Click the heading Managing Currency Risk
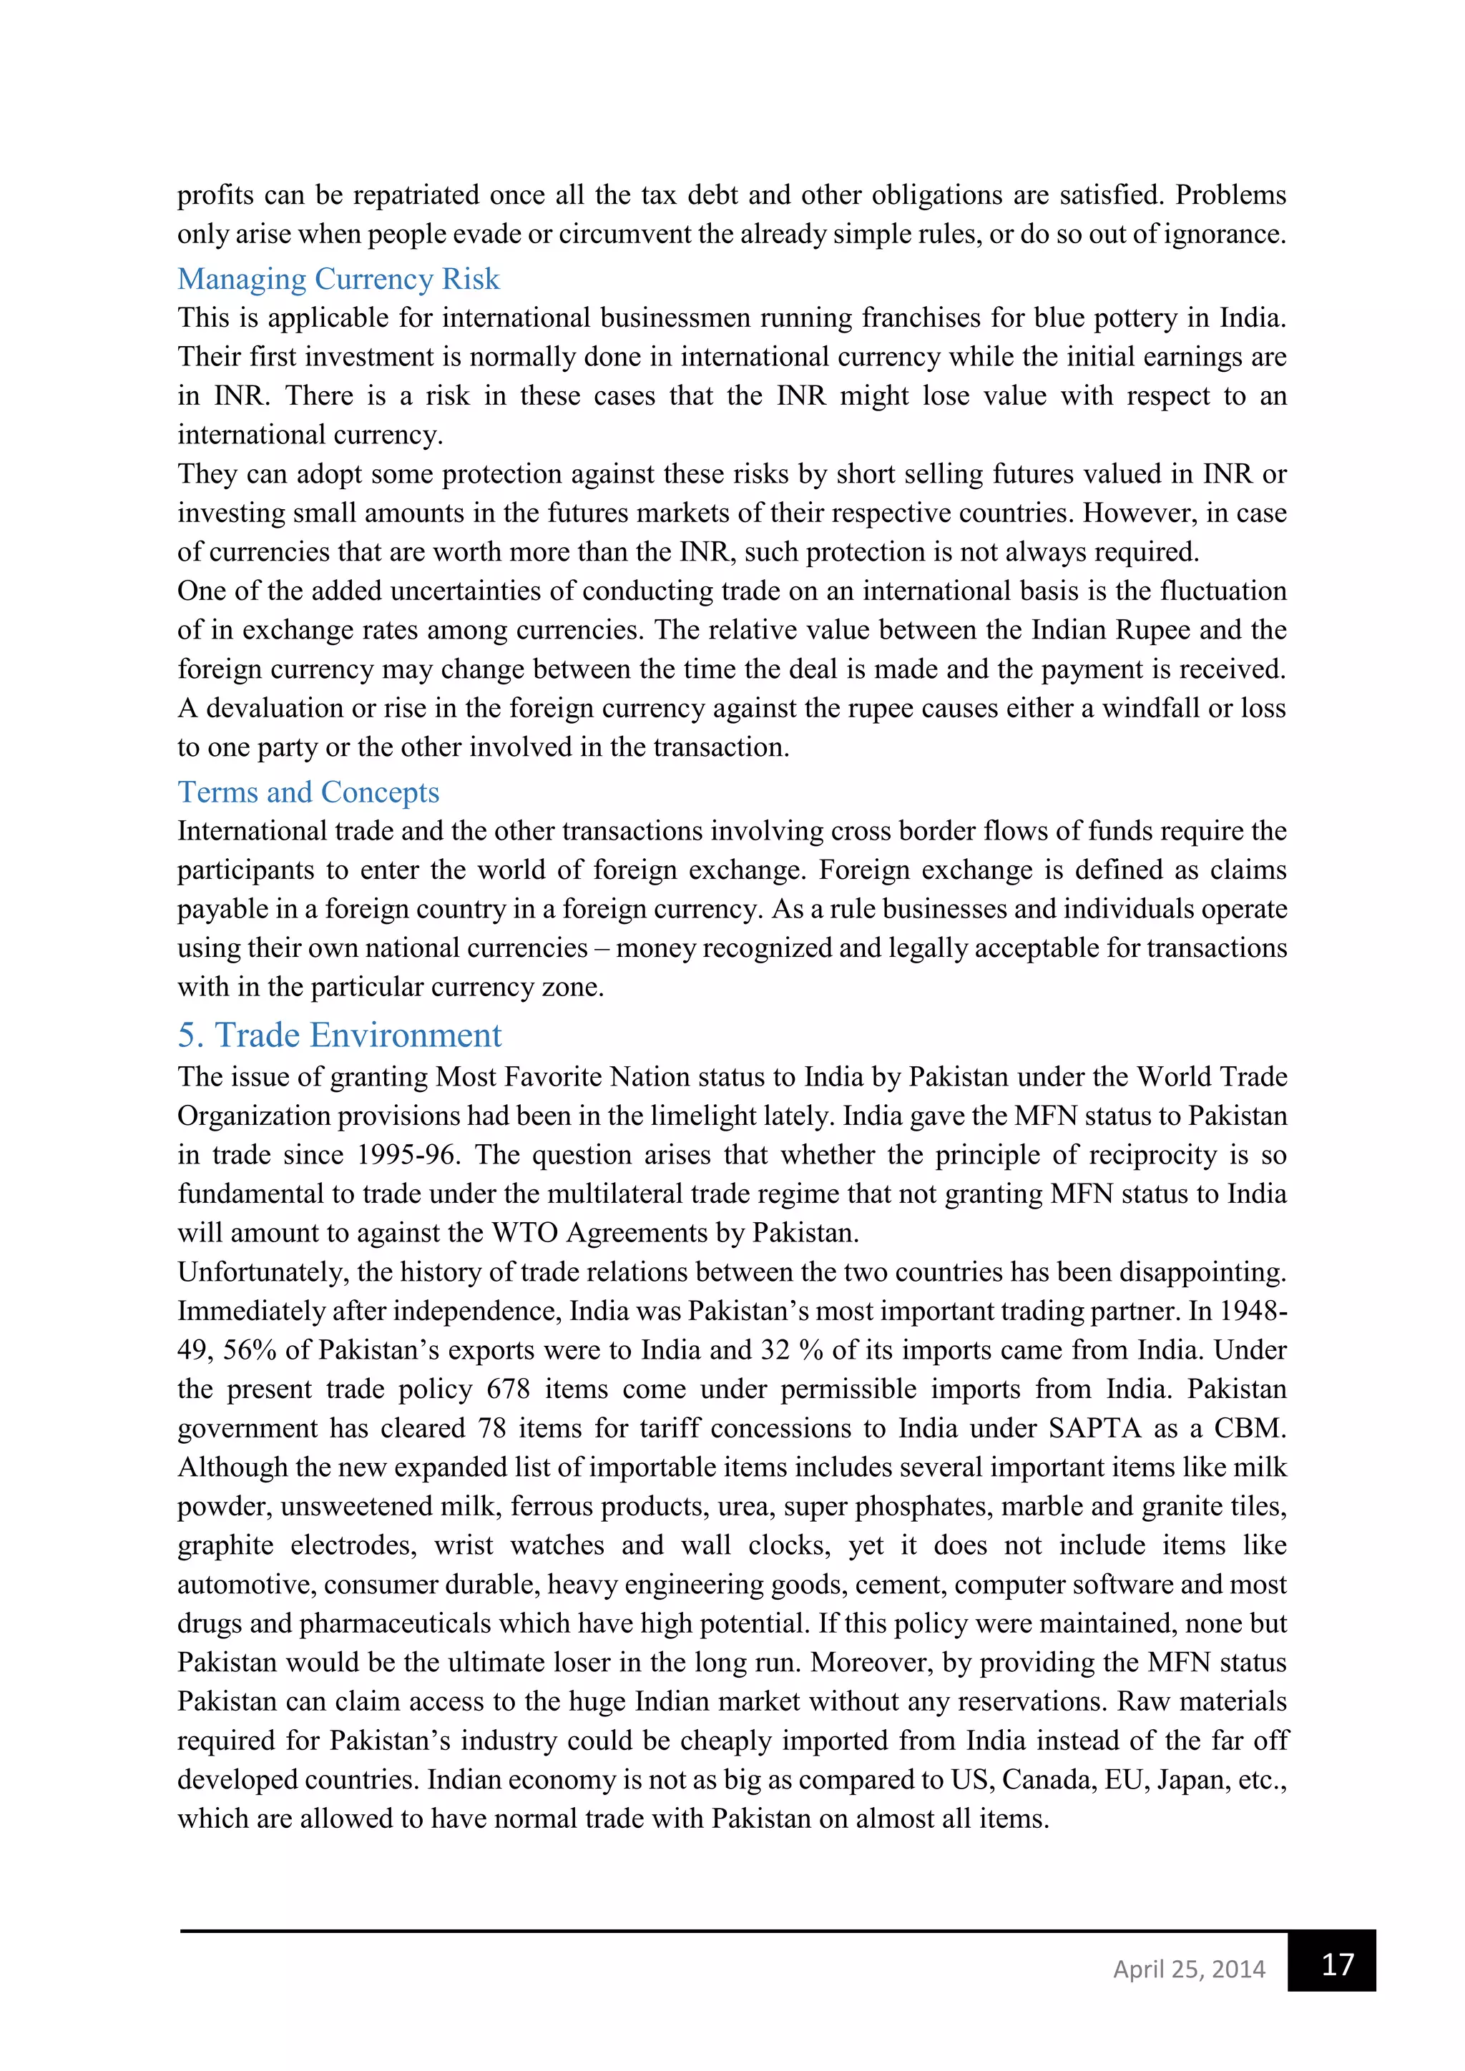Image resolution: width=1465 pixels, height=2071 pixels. pyautogui.click(x=338, y=279)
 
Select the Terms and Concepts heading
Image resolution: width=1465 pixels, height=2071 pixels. pyautogui.click(x=308, y=791)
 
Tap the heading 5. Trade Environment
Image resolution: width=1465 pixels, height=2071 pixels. pyautogui.click(x=339, y=1035)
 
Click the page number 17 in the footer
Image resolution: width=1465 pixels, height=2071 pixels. pyautogui.click(x=1337, y=1964)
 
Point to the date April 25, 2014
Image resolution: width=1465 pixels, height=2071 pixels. pyautogui.click(x=1189, y=1968)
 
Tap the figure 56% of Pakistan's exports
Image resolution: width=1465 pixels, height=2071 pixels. pyautogui.click(x=249, y=1349)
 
